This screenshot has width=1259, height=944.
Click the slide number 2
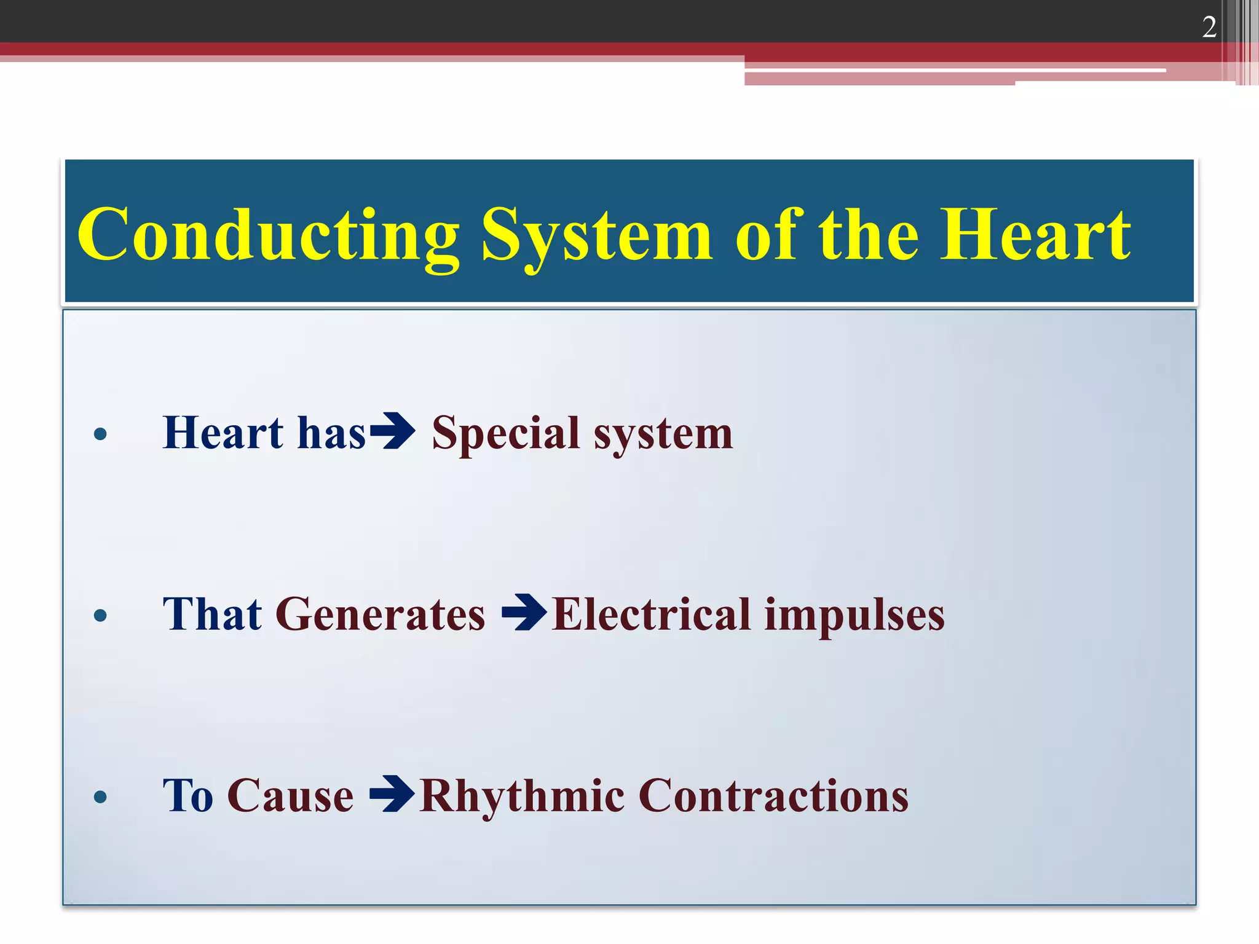tap(1209, 28)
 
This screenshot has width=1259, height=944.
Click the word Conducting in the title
tap(268, 235)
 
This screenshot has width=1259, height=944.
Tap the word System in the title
tap(596, 235)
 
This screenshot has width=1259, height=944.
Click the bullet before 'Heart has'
tap(100, 435)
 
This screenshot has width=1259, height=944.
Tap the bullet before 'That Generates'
tap(100, 615)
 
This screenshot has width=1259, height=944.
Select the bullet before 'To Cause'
tap(100, 797)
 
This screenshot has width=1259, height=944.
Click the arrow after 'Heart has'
tap(393, 431)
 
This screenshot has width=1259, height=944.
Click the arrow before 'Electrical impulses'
tap(524, 612)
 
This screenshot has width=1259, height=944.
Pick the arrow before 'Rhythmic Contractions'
tap(392, 794)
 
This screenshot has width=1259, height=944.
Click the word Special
tap(505, 434)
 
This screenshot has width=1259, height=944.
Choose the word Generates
tap(380, 614)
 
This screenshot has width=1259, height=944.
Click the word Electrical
tap(651, 614)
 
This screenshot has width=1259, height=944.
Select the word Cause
tap(290, 796)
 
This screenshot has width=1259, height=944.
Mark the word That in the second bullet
tap(212, 614)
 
